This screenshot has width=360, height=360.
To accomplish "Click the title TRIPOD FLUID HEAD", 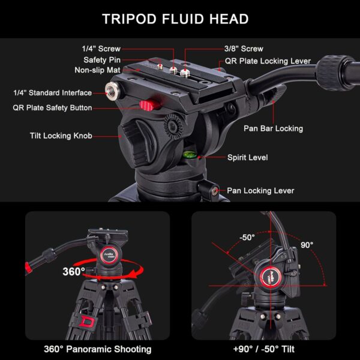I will (x=175, y=19).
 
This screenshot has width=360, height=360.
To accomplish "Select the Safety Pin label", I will (x=100, y=60).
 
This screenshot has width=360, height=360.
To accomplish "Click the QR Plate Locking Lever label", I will (x=268, y=61).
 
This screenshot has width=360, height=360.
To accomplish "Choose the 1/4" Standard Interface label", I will (x=53, y=93).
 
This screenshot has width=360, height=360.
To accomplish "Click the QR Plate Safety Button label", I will (x=53, y=108).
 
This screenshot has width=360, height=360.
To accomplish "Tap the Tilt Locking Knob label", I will (x=61, y=136).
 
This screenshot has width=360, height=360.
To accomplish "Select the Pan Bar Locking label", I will (x=273, y=128).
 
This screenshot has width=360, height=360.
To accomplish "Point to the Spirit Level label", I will (x=247, y=158).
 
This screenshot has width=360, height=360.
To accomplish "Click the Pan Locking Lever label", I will (x=260, y=191).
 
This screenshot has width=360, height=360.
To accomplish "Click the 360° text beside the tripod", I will (x=74, y=271).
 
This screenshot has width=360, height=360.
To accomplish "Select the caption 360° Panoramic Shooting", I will (x=97, y=349).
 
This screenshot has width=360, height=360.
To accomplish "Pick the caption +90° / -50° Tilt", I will (x=264, y=349).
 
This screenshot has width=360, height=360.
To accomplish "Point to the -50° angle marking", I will (x=247, y=221).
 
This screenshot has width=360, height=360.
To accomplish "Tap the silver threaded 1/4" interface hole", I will (x=112, y=91).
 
